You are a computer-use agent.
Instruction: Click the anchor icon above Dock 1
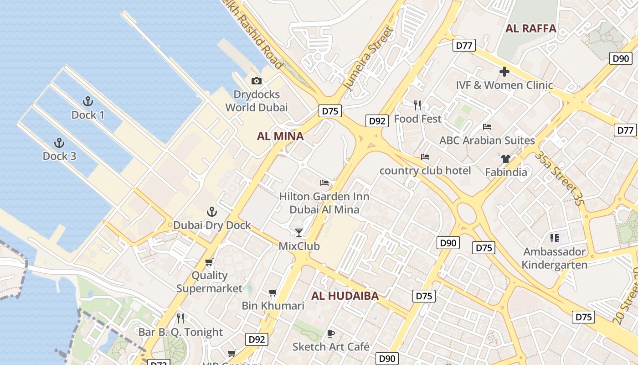click(x=87, y=101)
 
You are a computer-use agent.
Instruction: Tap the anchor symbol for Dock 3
click(x=59, y=143)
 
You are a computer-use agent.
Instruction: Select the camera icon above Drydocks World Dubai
click(x=257, y=81)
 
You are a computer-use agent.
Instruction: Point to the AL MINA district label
click(x=280, y=136)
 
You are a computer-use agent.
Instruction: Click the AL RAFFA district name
click(x=531, y=28)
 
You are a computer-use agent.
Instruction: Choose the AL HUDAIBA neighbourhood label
click(x=345, y=296)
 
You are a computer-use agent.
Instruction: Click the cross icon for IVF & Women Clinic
click(x=504, y=72)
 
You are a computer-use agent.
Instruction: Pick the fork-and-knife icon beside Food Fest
click(x=417, y=105)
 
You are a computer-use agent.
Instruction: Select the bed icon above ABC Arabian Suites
click(x=487, y=126)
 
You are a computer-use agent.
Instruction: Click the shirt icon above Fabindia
click(x=505, y=159)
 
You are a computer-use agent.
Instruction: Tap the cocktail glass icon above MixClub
click(x=299, y=233)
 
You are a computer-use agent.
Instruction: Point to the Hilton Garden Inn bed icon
click(x=324, y=183)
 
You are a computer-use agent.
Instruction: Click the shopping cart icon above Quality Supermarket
click(x=209, y=262)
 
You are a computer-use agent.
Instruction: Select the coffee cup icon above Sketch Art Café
click(x=331, y=334)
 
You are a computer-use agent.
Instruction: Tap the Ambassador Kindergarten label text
click(x=554, y=258)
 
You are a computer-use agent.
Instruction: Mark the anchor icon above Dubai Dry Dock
click(x=211, y=211)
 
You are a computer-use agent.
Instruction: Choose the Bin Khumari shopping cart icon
click(x=273, y=292)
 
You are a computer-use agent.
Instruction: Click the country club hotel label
click(x=425, y=171)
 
